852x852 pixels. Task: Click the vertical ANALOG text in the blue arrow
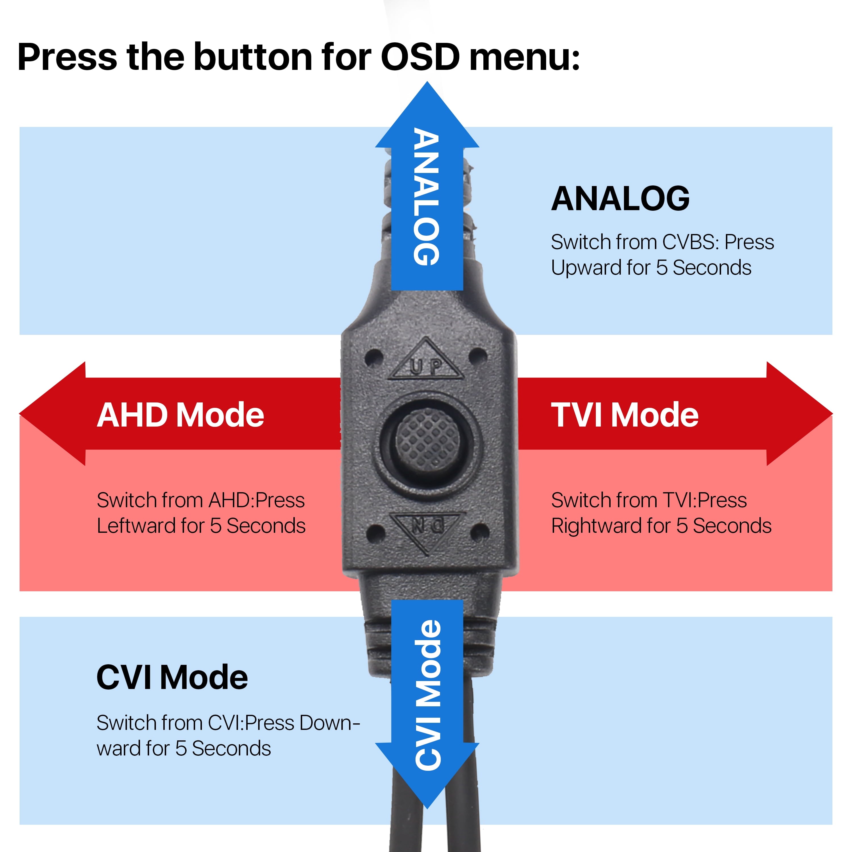pyautogui.click(x=427, y=197)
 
